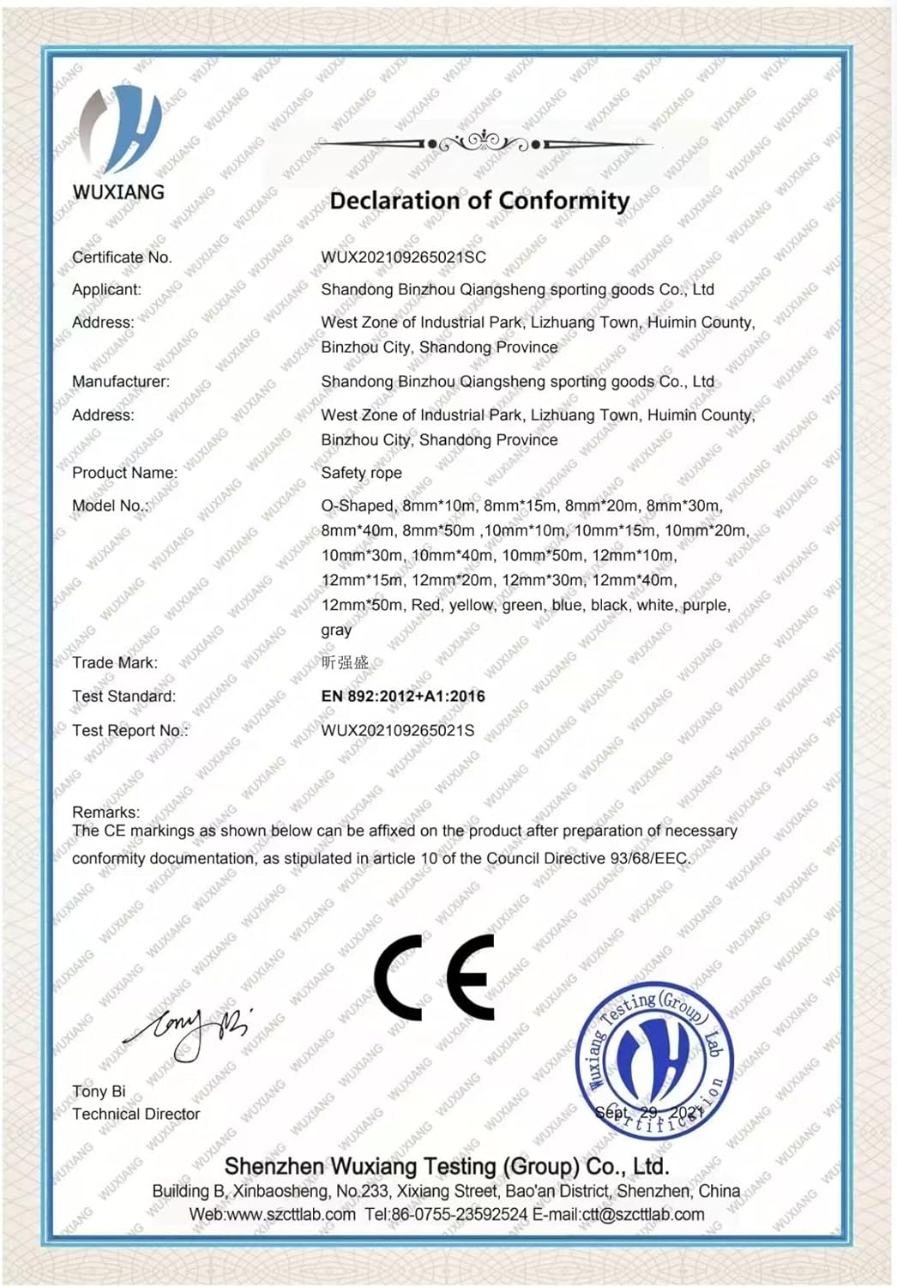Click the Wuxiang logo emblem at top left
click(119, 129)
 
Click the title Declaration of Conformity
click(479, 201)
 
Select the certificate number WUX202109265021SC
click(403, 257)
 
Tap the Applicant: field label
click(106, 289)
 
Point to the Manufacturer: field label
click(121, 381)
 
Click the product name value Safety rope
click(361, 473)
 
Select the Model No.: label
click(110, 505)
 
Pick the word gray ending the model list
click(336, 630)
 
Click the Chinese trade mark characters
click(345, 662)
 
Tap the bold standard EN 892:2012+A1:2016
click(403, 696)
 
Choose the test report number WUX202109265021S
click(397, 730)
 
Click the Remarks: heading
click(105, 812)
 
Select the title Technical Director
click(135, 1114)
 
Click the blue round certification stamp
click(653, 1061)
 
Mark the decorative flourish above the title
click(485, 142)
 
